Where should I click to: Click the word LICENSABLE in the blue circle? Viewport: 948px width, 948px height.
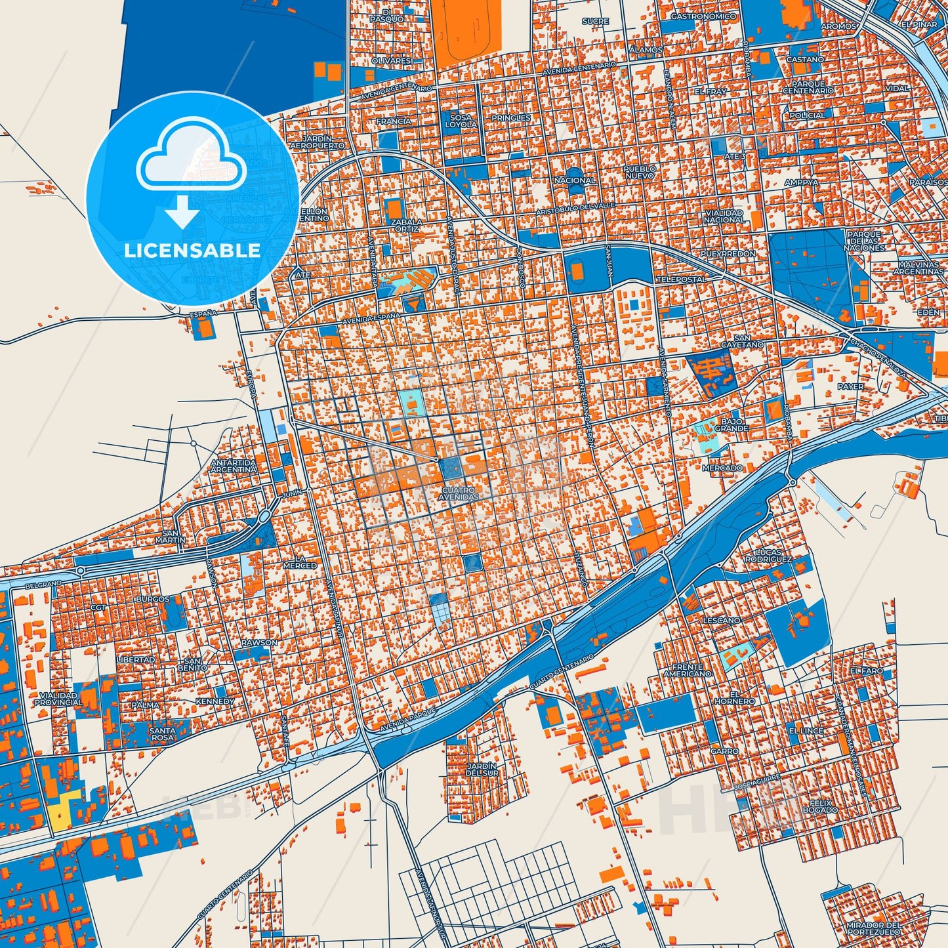192,251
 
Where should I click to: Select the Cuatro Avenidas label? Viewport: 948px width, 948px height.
459,493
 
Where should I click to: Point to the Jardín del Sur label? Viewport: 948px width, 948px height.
482,770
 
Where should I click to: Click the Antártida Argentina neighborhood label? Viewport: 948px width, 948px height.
234,466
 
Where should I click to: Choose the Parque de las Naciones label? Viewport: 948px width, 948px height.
865,241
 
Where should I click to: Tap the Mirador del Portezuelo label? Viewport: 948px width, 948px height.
873,928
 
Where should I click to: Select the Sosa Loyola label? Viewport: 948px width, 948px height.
461,121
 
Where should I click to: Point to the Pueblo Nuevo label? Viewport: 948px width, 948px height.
639,172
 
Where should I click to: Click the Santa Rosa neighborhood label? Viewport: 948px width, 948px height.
162,733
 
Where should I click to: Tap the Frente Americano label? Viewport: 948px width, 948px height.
687,670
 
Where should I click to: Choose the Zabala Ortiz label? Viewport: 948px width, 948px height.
407,225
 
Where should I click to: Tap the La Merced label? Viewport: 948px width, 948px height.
300,562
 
